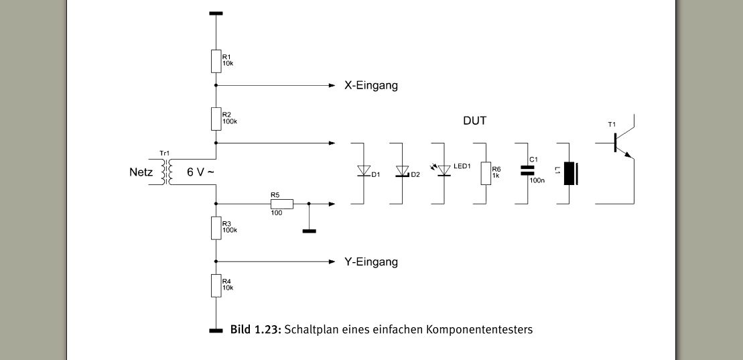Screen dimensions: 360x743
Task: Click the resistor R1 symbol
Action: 216,61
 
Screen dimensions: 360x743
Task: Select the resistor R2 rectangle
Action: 216,119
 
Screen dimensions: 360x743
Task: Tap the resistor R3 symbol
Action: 216,227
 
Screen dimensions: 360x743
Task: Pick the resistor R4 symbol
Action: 216,285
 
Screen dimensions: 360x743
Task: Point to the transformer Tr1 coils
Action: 165,172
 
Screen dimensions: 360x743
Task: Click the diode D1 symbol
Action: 364,172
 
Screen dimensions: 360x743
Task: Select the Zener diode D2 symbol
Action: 403,172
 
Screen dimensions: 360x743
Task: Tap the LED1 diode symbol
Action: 442,172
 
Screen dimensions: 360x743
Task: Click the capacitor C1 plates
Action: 527,171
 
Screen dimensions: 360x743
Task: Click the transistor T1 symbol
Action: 620,144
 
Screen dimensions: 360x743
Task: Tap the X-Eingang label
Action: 370,86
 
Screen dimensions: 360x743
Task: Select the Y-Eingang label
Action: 370,261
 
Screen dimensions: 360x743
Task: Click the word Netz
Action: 141,172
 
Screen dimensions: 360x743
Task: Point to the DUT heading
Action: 474,121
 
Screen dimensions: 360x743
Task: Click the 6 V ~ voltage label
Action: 200,172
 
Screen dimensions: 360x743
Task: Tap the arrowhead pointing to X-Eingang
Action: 331,86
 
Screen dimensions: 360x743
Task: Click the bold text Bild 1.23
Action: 256,329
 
